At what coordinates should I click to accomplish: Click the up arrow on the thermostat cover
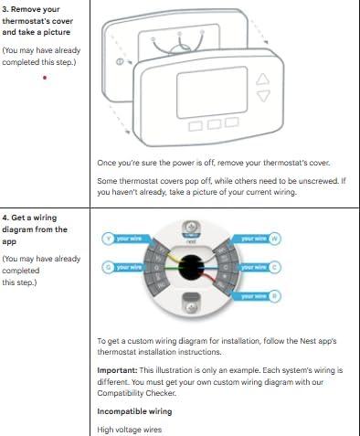(x=263, y=79)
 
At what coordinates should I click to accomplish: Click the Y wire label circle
(x=108, y=239)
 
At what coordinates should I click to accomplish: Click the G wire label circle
(x=108, y=267)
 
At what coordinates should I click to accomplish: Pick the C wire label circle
(x=275, y=267)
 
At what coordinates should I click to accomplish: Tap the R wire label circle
(x=275, y=296)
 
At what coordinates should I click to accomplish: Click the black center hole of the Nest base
(x=192, y=267)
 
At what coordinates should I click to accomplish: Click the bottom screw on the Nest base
(x=192, y=306)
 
